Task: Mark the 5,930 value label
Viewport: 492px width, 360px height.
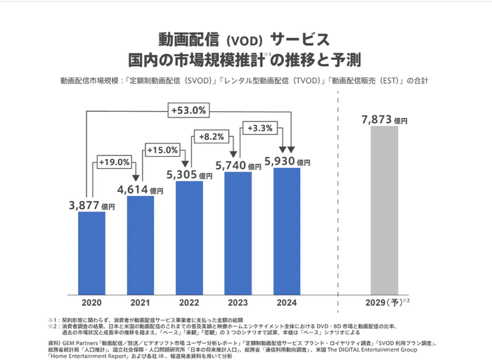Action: point(287,161)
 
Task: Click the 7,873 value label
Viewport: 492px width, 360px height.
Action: point(384,120)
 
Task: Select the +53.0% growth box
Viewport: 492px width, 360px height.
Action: point(188,110)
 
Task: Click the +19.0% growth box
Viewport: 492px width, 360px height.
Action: point(113,162)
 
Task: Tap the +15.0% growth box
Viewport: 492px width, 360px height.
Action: point(162,149)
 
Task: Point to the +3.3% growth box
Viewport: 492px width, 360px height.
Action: point(261,128)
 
